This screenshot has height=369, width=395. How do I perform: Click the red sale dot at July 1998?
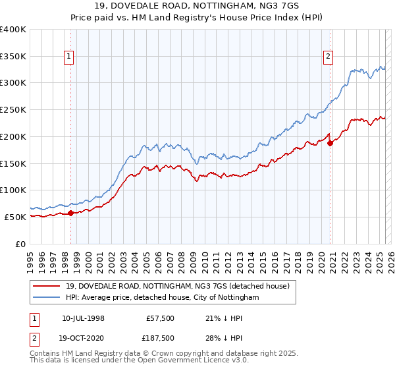click(70, 213)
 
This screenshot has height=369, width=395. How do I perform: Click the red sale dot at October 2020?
click(330, 143)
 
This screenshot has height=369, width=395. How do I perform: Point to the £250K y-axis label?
click(13, 110)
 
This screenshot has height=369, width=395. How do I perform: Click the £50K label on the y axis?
click(16, 217)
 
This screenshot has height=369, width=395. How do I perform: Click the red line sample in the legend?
click(48, 286)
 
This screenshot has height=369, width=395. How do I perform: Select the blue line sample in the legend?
click(48, 298)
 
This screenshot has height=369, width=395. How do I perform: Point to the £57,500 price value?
click(160, 319)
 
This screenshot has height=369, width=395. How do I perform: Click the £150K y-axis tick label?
click(13, 163)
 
